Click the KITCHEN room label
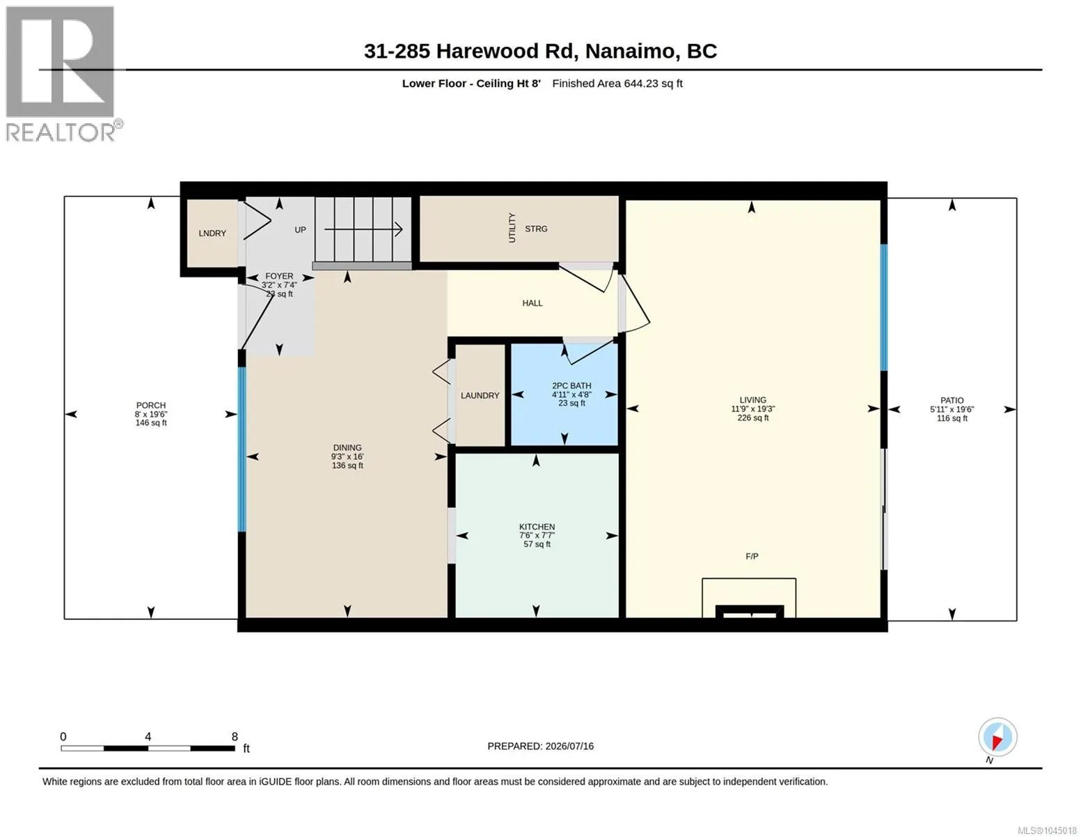[x=537, y=527]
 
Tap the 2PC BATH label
[x=571, y=385]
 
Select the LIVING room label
[x=752, y=400]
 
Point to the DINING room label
[x=347, y=448]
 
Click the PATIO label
[x=952, y=401]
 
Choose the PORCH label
[x=151, y=405]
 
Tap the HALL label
[x=532, y=303]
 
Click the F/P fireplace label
[x=752, y=556]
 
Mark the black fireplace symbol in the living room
[x=750, y=612]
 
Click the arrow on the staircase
[x=363, y=229]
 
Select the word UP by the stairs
[x=301, y=230]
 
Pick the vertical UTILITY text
[x=512, y=228]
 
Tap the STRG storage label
[x=536, y=229]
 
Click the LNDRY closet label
[x=212, y=233]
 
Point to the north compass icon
[x=997, y=737]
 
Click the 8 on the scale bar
[x=235, y=736]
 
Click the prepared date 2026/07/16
[x=569, y=746]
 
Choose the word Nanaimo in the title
[x=631, y=52]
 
